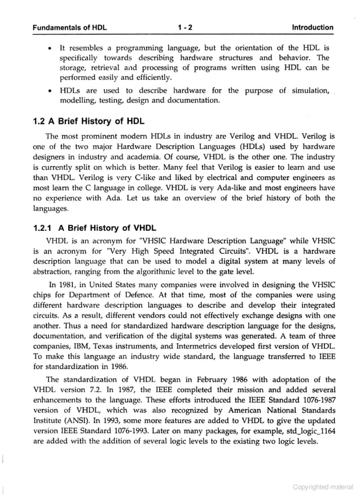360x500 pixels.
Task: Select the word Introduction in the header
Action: coord(312,27)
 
